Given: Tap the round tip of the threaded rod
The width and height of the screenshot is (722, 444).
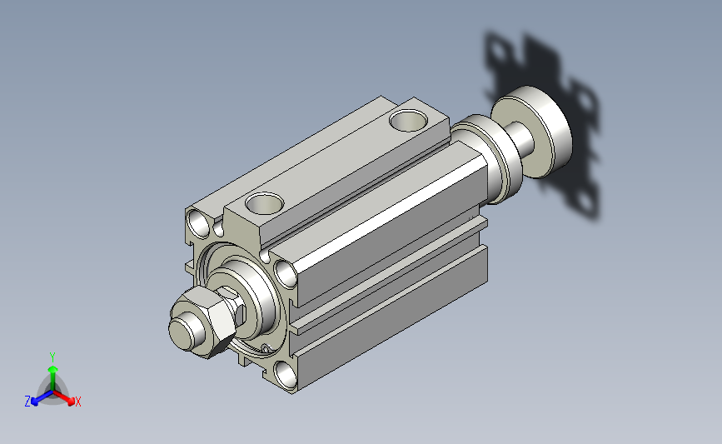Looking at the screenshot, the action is (181, 332).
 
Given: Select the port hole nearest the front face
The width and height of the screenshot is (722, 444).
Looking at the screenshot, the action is (264, 203).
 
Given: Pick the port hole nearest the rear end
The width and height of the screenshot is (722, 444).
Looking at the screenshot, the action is (408, 120).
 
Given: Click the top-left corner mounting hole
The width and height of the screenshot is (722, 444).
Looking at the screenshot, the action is (199, 223).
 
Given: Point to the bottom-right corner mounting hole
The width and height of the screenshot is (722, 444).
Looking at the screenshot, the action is (286, 374).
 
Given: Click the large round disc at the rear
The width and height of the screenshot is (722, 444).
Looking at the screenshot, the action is (532, 132).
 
